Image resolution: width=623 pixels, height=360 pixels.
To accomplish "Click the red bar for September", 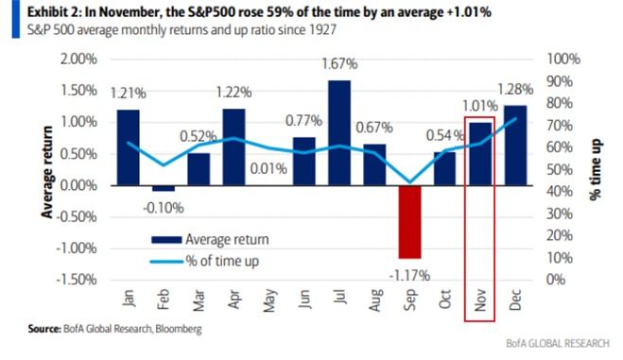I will (408, 221).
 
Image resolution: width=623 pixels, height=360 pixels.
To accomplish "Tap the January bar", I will (128, 146).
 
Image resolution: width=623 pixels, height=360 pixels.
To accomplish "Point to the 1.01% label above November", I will (480, 105).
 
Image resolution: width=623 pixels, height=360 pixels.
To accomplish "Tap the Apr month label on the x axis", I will (234, 300).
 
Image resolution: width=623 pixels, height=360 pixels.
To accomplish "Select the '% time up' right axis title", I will (595, 168).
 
